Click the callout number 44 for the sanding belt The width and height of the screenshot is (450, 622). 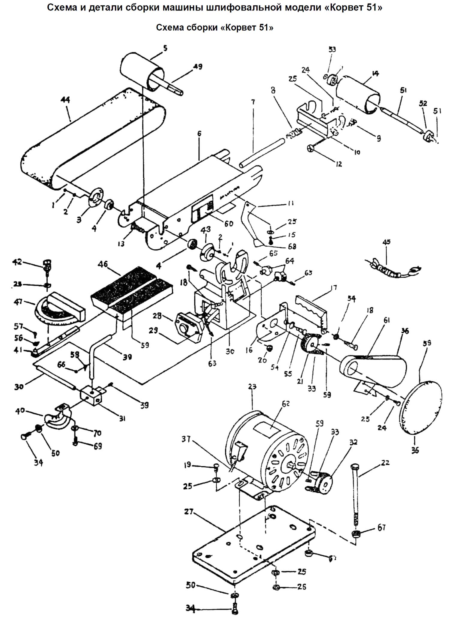(x=65, y=100)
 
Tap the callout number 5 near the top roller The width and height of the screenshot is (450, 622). (x=165, y=48)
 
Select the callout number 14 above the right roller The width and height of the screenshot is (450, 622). (x=375, y=73)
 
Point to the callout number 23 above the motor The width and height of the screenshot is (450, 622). (x=252, y=387)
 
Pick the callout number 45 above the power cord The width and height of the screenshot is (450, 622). (x=386, y=242)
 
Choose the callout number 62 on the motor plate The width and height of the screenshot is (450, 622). (x=286, y=404)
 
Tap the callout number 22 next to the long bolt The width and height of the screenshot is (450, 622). (x=385, y=463)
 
